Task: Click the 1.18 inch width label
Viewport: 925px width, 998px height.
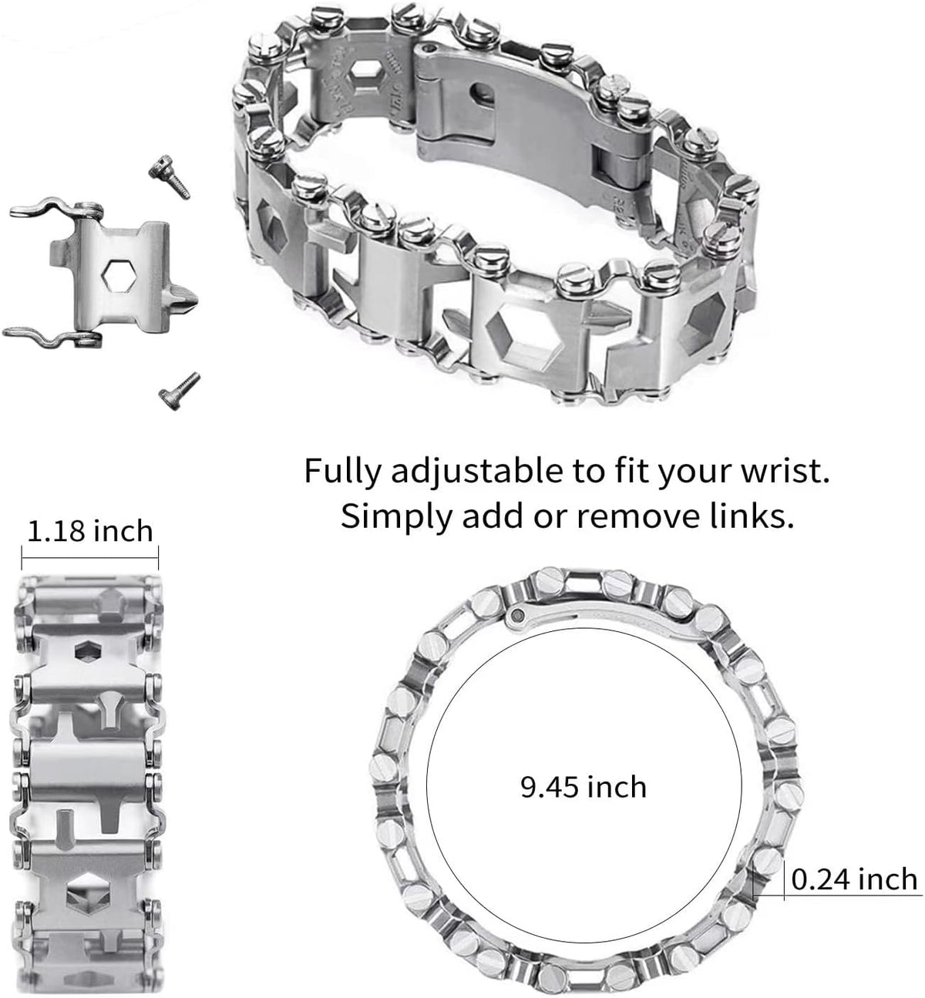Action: coord(90,531)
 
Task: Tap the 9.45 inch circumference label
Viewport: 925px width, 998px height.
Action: coord(583,787)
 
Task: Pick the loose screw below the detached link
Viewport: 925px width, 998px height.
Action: coord(177,387)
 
